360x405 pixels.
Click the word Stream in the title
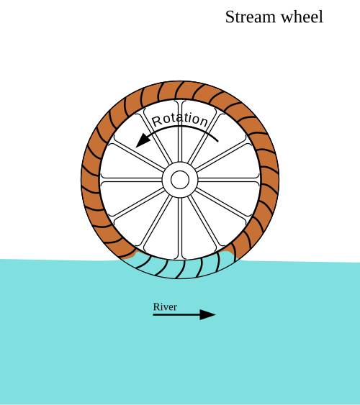click(250, 17)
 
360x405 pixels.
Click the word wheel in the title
click(302, 17)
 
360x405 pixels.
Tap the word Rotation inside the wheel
click(180, 119)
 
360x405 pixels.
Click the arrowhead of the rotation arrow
click(143, 140)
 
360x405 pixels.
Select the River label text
click(165, 306)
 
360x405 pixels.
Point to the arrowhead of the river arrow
click(207, 314)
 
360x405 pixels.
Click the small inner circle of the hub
click(180, 180)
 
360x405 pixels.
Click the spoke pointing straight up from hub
click(180, 131)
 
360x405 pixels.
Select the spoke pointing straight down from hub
click(180, 228)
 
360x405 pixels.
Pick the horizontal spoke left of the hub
click(131, 180)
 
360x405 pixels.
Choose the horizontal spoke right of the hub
click(229, 180)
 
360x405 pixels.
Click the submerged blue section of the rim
click(179, 268)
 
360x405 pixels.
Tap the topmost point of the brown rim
click(180, 81)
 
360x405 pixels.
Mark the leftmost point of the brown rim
click(81, 180)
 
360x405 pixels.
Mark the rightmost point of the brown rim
click(279, 180)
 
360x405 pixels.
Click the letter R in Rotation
click(157, 121)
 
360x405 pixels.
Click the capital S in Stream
click(230, 17)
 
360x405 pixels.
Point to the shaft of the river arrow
click(177, 314)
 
